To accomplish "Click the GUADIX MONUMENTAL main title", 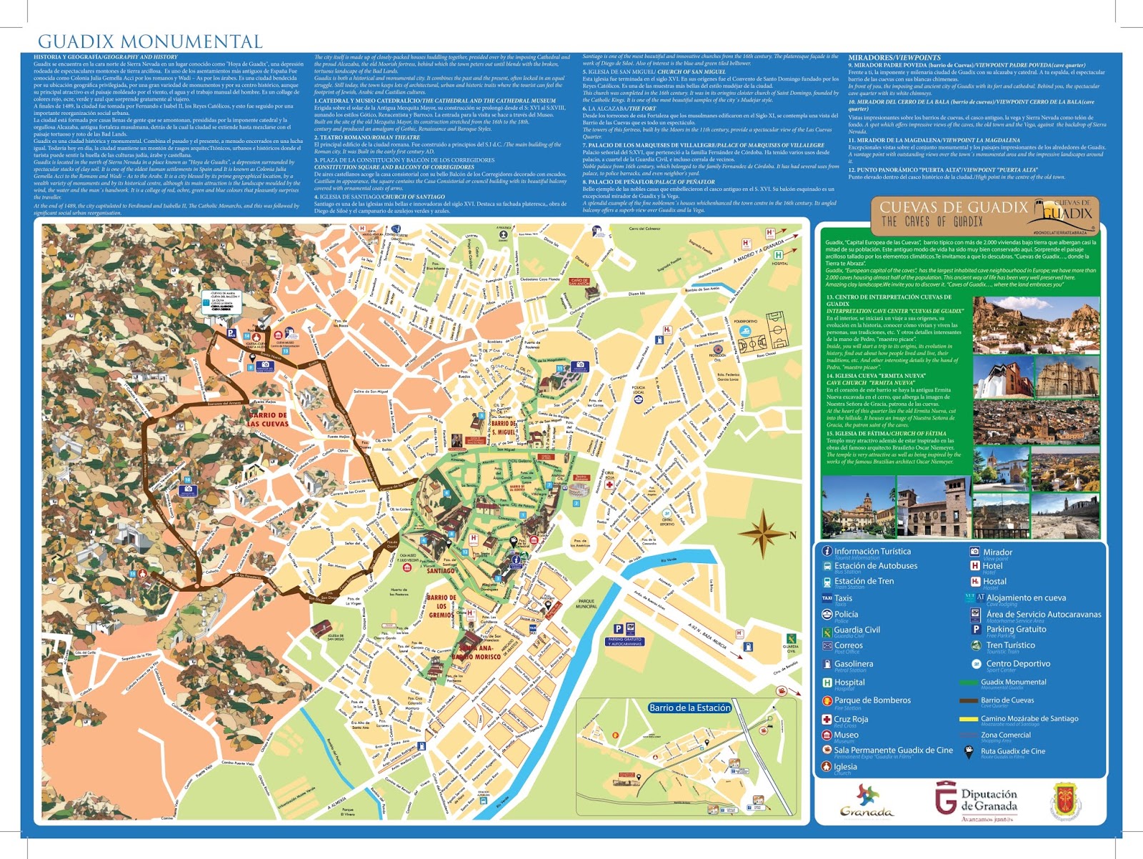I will tap(150, 41).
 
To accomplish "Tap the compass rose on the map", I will tap(764, 534).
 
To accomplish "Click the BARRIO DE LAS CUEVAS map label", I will tap(269, 419).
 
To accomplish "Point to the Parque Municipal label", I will tap(586, 604).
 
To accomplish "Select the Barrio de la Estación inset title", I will tap(689, 707).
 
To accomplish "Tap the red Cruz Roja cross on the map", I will tap(609, 484).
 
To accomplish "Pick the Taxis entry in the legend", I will tap(843, 598).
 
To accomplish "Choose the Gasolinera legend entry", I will tap(853, 664).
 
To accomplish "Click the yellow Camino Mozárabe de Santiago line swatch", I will tap(969, 719).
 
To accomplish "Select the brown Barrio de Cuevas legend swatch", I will tap(969, 700).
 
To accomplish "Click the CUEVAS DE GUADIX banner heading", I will tap(953, 208).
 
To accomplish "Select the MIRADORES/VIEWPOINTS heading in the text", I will tap(894, 57).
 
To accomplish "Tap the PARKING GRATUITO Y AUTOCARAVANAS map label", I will tap(625, 642).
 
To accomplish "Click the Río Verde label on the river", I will tap(668, 560).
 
